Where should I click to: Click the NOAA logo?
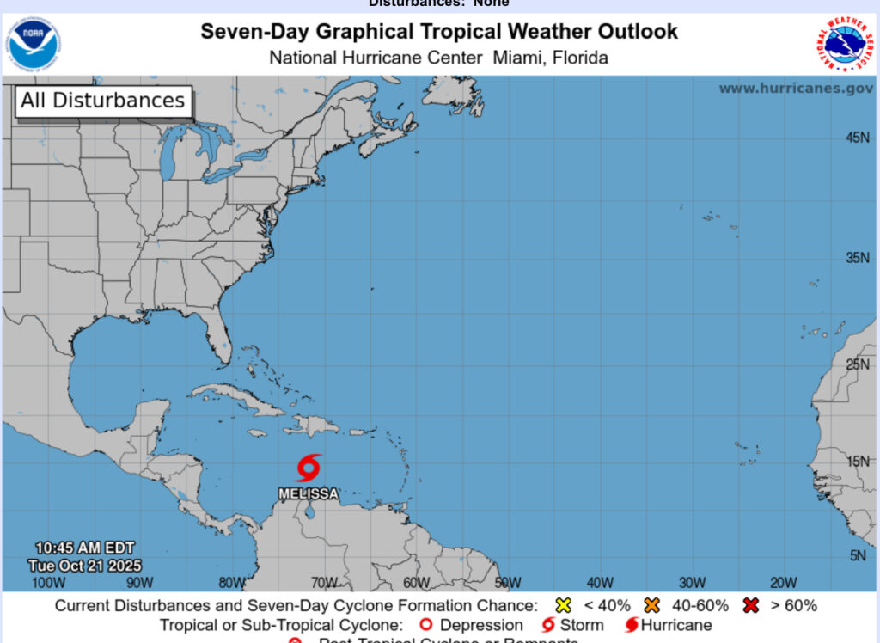coord(34,44)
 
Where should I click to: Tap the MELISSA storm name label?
coord(309,494)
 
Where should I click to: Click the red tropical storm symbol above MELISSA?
coord(309,468)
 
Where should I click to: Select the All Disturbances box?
coord(103,101)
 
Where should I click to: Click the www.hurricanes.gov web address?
coord(796,88)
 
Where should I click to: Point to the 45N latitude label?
coord(858,138)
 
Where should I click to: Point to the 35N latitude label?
coord(858,257)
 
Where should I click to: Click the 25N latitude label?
coord(858,364)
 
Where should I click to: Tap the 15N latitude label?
coord(858,461)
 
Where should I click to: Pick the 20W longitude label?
coord(783,582)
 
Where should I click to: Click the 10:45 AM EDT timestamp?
coord(84,548)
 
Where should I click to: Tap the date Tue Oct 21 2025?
coord(84,566)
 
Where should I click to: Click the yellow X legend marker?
coord(564,605)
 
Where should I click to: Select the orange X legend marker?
coord(651,605)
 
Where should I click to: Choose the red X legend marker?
coord(751,605)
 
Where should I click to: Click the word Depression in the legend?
coord(481,625)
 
